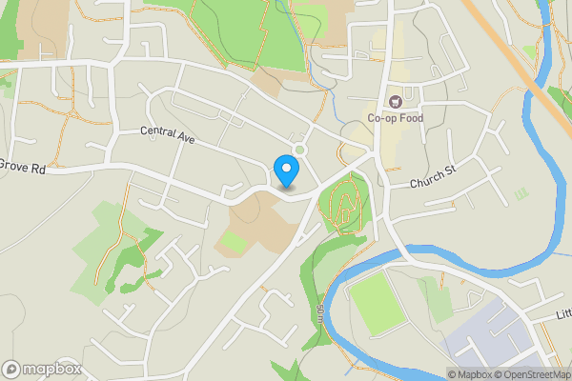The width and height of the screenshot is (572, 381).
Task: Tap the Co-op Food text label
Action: [x=396, y=118]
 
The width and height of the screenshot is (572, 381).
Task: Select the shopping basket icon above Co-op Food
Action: [x=393, y=101]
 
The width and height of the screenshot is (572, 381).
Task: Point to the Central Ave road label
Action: [x=167, y=135]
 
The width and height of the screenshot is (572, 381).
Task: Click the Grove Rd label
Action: [x=23, y=168]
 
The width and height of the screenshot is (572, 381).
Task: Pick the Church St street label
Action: [x=435, y=182]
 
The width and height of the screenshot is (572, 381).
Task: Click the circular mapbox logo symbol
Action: [x=12, y=369]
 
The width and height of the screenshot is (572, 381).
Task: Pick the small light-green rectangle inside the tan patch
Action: [x=233, y=242]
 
